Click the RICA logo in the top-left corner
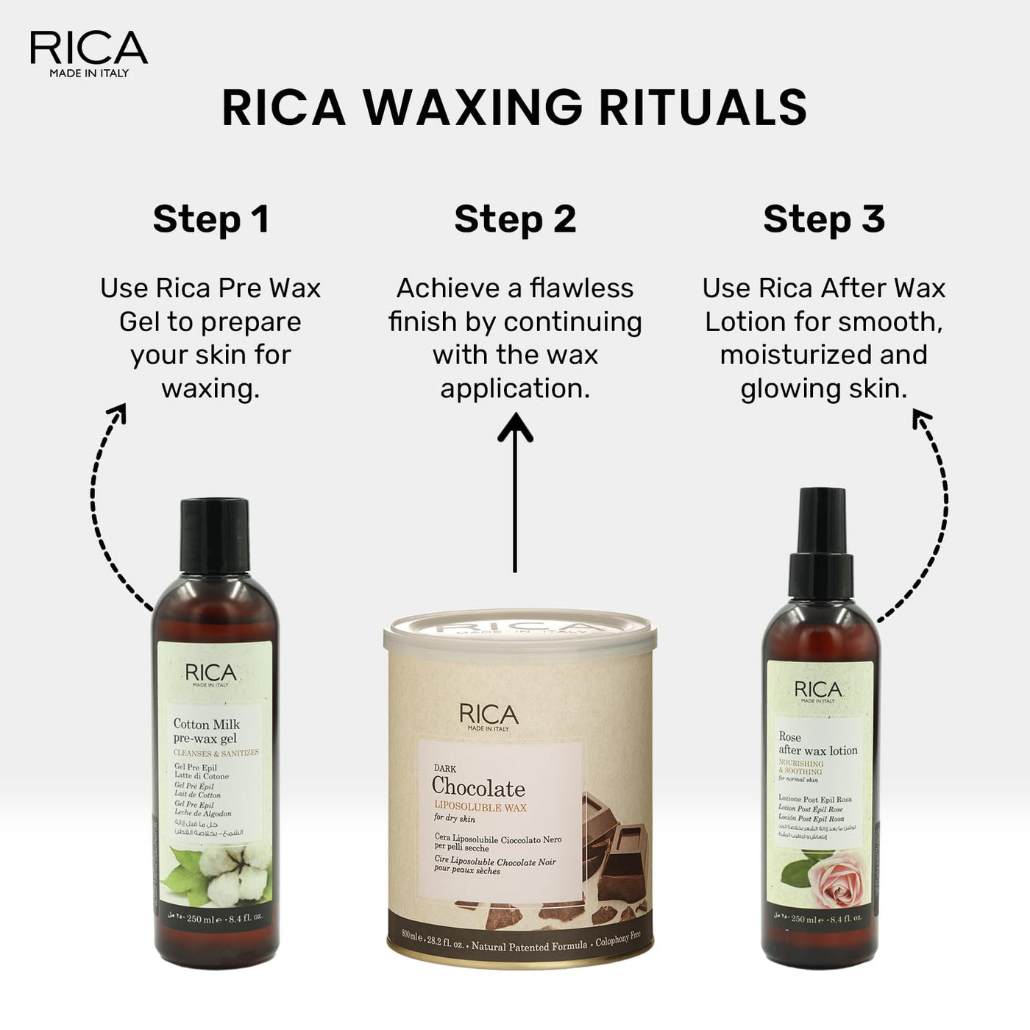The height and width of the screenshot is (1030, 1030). [x=89, y=52]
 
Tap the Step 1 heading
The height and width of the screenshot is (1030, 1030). [x=211, y=219]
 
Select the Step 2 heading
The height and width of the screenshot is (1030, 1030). [x=515, y=219]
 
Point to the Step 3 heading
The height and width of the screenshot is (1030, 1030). [x=824, y=219]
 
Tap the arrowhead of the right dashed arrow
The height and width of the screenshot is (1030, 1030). [x=920, y=419]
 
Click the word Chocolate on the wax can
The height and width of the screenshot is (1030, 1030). [x=478, y=788]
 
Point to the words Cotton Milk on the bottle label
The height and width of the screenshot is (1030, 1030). [x=206, y=724]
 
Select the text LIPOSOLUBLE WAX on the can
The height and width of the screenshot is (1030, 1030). [x=480, y=807]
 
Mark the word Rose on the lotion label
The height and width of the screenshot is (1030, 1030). [x=789, y=736]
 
